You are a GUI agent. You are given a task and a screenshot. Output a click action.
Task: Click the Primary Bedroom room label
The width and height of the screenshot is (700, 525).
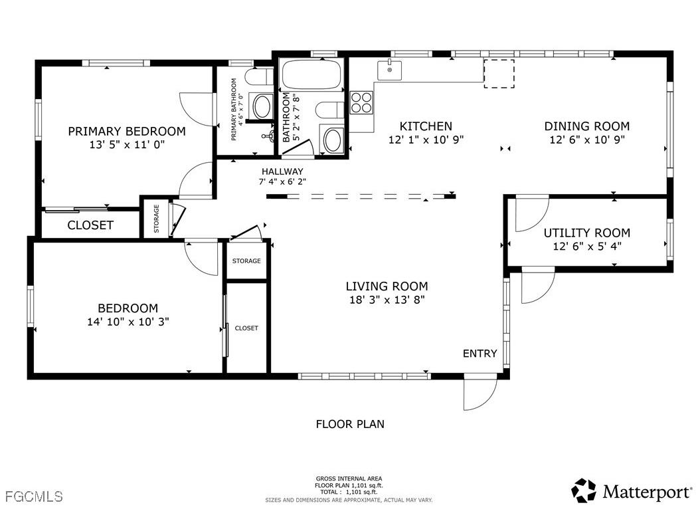click(x=127, y=131)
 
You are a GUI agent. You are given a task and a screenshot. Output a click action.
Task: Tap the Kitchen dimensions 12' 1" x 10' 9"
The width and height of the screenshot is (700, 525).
click(x=426, y=140)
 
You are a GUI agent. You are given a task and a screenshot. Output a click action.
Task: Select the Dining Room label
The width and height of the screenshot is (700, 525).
click(x=586, y=126)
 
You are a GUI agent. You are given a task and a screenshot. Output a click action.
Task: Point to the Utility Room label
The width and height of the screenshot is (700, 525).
click(x=586, y=233)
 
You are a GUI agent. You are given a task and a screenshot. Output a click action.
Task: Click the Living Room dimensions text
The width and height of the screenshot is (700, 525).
click(x=387, y=300)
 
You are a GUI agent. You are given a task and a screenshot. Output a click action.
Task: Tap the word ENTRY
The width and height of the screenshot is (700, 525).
click(x=480, y=354)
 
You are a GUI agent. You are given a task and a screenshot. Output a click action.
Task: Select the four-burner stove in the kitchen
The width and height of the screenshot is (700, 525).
click(x=361, y=102)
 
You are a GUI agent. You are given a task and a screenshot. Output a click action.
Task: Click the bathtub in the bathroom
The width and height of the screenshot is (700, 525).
click(x=311, y=74)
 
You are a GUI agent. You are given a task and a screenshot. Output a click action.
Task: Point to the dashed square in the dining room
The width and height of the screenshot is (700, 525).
click(x=499, y=73)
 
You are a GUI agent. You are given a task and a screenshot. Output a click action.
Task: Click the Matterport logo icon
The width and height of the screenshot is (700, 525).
click(x=584, y=490)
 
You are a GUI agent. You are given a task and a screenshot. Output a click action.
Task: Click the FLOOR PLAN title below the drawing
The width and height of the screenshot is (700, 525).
click(x=349, y=424)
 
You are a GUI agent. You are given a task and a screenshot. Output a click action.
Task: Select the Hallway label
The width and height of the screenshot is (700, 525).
click(x=282, y=171)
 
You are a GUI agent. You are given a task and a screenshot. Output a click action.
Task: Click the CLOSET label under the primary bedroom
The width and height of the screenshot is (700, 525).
click(x=90, y=225)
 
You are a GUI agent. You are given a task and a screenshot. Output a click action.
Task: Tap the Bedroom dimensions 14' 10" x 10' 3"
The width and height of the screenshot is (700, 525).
click(x=128, y=322)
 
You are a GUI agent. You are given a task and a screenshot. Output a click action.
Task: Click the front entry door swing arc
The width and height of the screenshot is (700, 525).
click(x=480, y=394)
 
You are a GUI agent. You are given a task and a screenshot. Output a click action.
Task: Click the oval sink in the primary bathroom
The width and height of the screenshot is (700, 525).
click(x=263, y=106)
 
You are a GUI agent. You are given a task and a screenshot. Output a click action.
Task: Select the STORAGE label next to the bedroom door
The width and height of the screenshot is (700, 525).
click(x=246, y=261)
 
